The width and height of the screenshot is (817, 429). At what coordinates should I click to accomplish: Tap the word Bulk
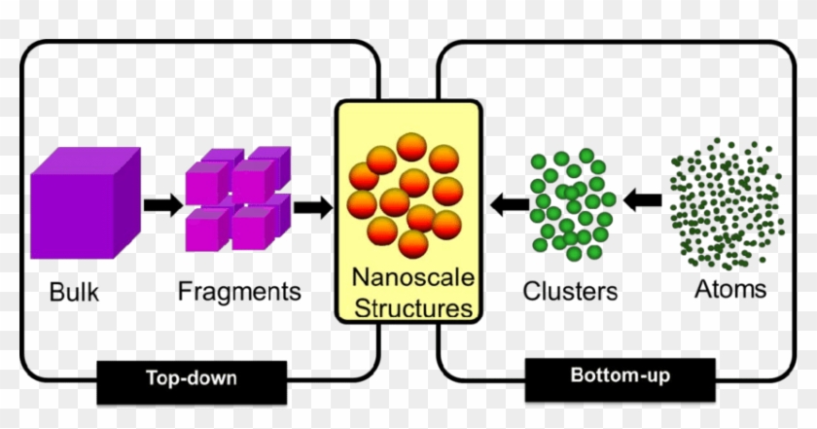(74, 292)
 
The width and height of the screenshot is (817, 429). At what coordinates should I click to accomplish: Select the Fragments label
(239, 292)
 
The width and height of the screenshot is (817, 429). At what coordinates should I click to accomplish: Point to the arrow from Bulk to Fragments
(162, 205)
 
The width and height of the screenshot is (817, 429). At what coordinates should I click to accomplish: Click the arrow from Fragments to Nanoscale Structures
(312, 205)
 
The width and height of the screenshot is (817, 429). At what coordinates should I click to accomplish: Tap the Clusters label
(570, 292)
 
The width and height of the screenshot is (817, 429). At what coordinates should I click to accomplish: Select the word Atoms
(730, 289)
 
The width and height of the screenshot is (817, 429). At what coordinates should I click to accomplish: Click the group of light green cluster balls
(570, 204)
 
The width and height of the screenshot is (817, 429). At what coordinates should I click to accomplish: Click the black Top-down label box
(192, 380)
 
